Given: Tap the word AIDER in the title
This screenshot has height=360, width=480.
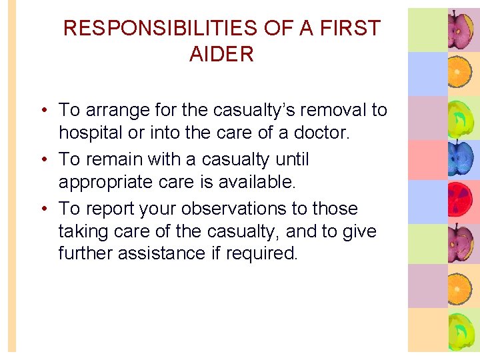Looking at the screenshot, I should click(221, 55).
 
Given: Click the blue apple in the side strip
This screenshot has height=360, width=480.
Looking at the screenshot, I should click(459, 159).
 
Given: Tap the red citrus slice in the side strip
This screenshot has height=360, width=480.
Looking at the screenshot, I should click(459, 201).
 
